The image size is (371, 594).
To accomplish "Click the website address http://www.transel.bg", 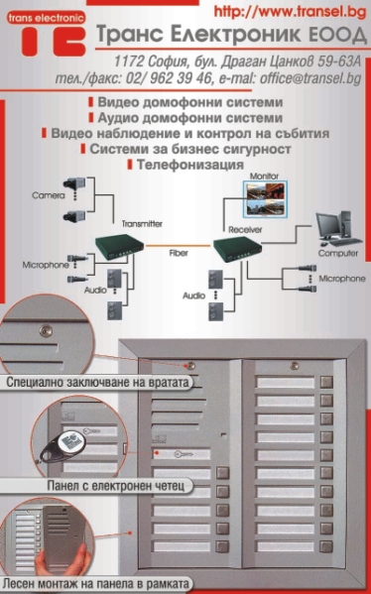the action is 290,11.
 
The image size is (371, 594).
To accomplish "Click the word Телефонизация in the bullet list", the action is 189,165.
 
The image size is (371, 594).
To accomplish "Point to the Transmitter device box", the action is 119,247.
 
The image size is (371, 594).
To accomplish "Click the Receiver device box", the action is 237,249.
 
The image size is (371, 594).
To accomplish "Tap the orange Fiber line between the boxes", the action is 179,246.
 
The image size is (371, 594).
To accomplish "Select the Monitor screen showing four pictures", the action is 265,199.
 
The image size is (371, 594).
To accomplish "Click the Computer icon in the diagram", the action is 339,228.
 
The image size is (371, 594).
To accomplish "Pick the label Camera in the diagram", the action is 49,195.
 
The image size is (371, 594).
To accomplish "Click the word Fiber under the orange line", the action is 179,253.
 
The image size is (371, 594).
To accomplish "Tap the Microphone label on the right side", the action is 342,279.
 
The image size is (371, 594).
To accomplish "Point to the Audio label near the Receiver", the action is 193,296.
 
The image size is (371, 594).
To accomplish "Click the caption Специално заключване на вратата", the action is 97,382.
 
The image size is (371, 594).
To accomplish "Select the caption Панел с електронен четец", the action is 116,485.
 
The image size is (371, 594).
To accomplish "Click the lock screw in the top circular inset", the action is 47,331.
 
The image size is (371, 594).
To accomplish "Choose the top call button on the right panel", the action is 326,382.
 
